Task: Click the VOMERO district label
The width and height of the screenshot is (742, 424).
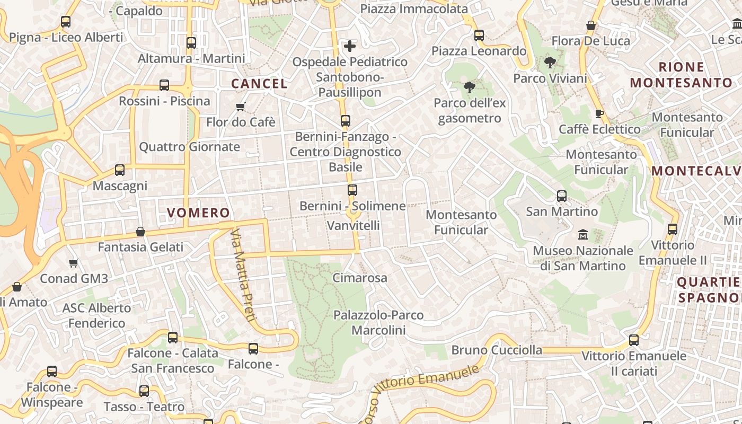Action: coord(199,213)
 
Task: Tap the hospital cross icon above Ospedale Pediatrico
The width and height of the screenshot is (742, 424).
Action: coord(350,46)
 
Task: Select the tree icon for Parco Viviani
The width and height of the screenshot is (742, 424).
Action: coord(550,63)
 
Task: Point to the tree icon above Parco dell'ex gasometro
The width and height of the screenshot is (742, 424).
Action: coord(469,87)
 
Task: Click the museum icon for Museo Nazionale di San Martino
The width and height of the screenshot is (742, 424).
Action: coord(583,234)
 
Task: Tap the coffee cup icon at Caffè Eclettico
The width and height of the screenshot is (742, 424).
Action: coord(599,113)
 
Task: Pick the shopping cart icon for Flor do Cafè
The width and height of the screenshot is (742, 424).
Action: coord(241,107)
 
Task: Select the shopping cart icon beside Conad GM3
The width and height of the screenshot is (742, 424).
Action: coord(74,263)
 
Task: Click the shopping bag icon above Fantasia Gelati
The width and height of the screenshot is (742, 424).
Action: coord(140,232)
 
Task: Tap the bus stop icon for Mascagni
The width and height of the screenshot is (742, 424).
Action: coord(120,170)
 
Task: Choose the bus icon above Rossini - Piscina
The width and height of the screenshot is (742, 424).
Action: coord(164,85)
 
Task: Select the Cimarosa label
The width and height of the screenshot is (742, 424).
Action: coord(360,278)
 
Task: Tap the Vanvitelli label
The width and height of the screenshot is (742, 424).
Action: coord(354,225)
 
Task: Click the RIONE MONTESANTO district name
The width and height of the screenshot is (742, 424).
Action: coord(681,75)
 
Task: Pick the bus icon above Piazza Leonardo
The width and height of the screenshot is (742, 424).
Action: coord(479,36)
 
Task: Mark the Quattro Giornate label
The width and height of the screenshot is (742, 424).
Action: coord(189,147)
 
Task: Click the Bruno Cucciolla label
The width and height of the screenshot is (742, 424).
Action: coord(497,350)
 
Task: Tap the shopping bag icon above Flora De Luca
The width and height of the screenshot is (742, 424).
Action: coord(591,25)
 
